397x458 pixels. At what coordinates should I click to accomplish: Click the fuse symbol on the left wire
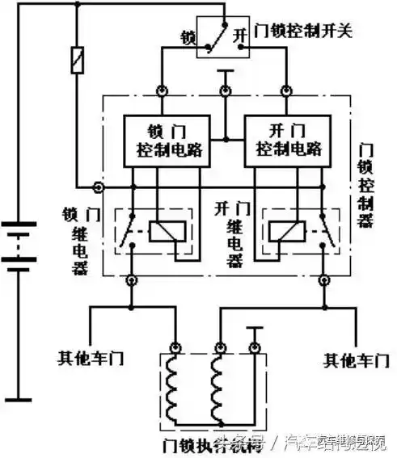[x=77, y=60]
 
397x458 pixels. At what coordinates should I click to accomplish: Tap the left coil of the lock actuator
[x=174, y=387]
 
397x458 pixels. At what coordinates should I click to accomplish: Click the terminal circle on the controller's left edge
[x=99, y=187]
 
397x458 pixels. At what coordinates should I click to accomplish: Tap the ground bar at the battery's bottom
[x=24, y=398]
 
